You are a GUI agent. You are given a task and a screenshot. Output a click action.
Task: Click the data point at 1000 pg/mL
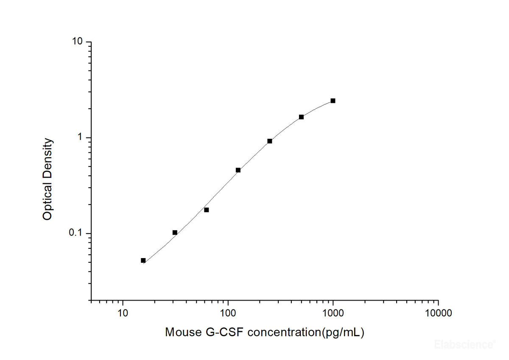pos(333,101)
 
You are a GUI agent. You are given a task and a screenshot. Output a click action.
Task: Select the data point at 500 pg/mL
pos(301,117)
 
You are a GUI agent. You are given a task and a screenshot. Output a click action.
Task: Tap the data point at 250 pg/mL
pos(270,141)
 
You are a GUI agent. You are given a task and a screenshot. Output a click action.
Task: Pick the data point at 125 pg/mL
pos(238,170)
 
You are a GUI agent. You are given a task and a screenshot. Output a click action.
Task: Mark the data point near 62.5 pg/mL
pos(207,210)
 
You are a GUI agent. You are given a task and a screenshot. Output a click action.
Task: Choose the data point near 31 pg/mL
pos(175,232)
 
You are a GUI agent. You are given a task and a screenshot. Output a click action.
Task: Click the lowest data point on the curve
pos(143,260)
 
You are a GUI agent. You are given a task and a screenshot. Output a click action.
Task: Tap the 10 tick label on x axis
pos(123,314)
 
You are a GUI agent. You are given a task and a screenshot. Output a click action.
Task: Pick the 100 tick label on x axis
pos(228,314)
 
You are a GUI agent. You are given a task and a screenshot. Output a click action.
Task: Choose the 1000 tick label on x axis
pos(333,314)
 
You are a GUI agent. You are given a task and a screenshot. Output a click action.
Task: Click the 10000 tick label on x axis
pos(438,314)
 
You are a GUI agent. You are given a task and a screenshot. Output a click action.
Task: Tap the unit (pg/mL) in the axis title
pos(343,332)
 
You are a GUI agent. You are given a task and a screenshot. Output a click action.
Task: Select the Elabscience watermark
pos(469,344)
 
